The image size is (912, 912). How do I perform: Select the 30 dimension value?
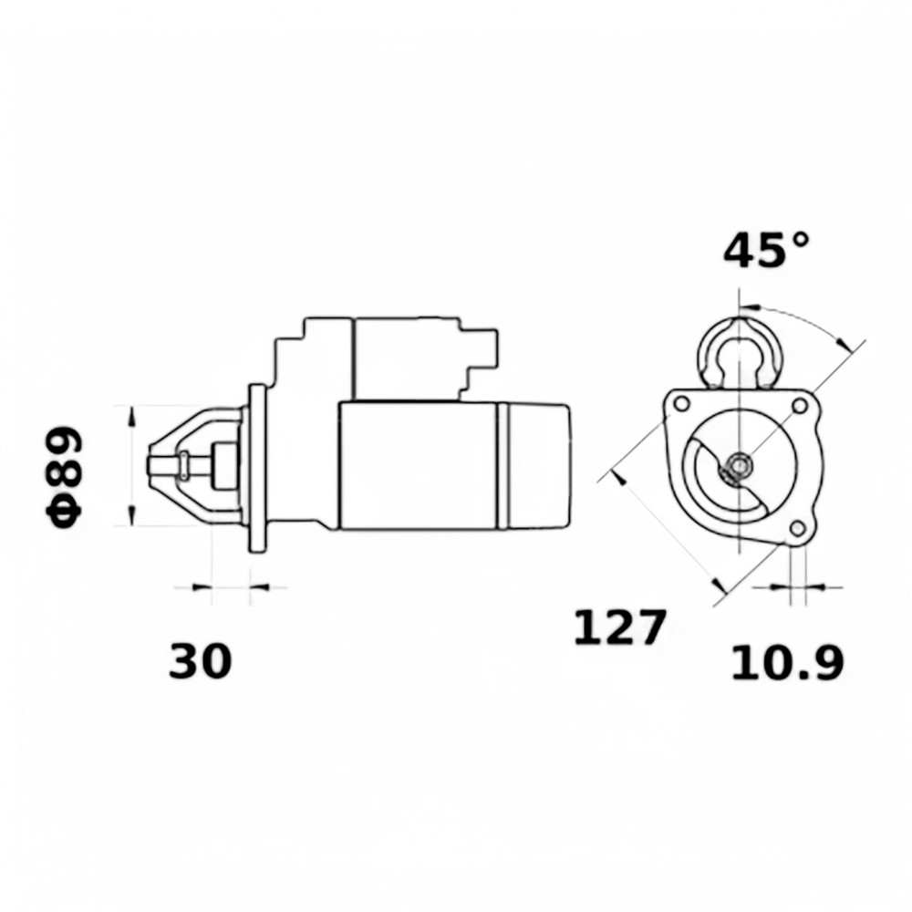tap(200, 661)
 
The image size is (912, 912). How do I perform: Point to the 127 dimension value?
tap(619, 627)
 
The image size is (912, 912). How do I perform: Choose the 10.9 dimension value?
tap(786, 663)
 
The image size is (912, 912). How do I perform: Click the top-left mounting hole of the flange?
tap(681, 404)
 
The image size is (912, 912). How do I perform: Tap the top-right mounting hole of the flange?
tap(800, 405)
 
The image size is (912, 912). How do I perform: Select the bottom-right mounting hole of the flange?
tap(798, 528)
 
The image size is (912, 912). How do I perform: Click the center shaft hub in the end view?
tap(740, 465)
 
